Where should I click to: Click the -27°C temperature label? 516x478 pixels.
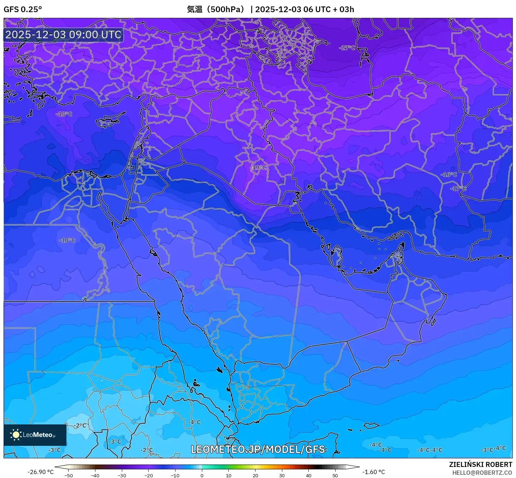click(347, 48)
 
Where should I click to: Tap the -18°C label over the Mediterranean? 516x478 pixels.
click(64, 114)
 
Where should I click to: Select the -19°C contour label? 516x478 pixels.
click(258, 168)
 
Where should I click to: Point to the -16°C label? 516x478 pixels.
click(449, 175)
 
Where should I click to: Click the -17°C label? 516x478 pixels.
click(458, 188)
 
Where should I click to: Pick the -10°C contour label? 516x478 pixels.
click(67, 240)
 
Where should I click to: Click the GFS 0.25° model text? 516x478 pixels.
click(23, 9)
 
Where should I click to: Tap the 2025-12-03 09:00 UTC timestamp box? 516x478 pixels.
click(63, 35)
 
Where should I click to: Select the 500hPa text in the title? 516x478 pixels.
click(226, 9)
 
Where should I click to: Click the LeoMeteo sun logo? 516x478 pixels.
click(16, 435)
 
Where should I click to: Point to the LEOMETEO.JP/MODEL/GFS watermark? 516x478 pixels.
click(258, 449)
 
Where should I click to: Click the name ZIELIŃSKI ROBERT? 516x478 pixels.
click(481, 464)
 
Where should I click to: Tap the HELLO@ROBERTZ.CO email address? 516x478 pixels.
click(482, 473)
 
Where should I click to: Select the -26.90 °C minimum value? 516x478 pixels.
click(40, 472)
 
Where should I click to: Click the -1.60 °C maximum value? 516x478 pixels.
click(373, 472)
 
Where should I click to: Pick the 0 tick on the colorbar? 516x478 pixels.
click(202, 475)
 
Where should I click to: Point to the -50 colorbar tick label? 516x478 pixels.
click(68, 475)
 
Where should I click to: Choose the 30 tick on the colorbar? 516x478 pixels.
click(282, 475)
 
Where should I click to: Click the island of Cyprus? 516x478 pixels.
click(109, 121)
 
